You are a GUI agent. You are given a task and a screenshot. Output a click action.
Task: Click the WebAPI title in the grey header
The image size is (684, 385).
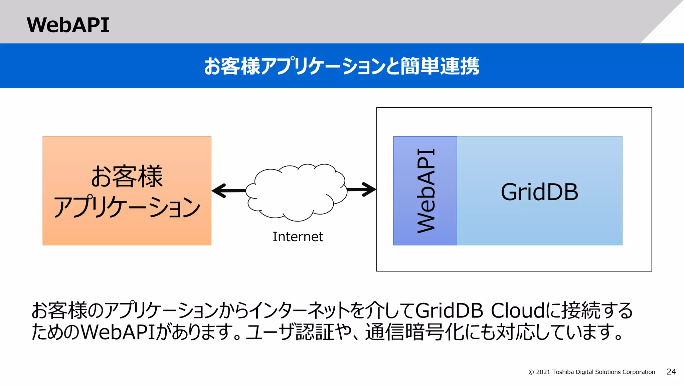pos(68,25)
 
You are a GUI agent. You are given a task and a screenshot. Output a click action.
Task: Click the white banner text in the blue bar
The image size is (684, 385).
pos(342,66)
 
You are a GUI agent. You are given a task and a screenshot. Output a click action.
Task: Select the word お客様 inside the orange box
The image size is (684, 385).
pos(127,176)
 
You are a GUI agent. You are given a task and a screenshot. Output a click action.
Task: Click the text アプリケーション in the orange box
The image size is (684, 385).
pos(127,207)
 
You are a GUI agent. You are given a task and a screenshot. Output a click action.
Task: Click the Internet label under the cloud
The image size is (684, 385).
pos(298,237)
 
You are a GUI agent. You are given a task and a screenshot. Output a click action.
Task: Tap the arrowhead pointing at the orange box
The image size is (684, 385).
pos(219,191)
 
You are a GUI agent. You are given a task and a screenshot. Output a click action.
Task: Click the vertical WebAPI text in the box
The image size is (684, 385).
pos(426,191)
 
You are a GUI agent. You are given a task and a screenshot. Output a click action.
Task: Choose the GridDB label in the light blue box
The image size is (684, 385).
pos(539,192)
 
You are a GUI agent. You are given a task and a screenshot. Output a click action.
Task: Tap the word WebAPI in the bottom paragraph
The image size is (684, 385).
pos(118,332)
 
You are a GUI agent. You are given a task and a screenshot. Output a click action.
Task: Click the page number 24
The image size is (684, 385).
pos(671,372)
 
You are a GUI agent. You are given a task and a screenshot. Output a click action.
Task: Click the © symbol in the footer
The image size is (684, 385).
pos(531,372)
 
